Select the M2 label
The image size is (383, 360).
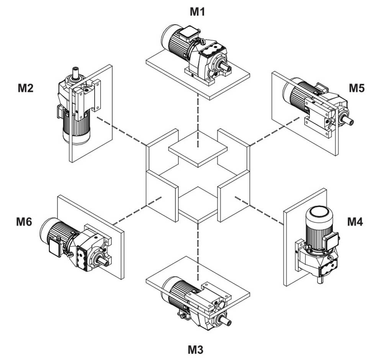[x=26, y=88]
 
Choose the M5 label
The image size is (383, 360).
[x=357, y=88]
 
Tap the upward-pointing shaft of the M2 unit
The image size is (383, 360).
[x=75, y=71]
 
